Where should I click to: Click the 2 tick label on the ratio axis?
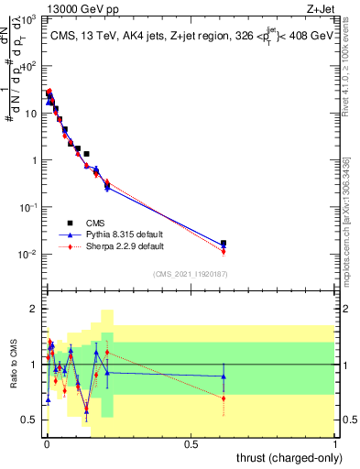tap(33, 310)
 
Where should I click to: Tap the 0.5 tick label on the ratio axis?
tap(29, 420)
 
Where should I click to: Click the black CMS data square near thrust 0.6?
tap(224, 244)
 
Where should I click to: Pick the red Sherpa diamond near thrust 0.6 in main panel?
tap(224, 252)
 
